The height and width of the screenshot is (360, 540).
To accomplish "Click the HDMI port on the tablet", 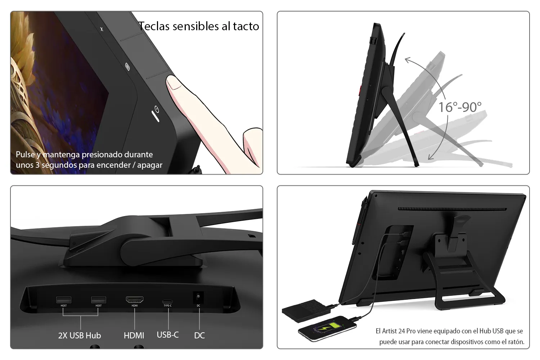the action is click(x=135, y=300).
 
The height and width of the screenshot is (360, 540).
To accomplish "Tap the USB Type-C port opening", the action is click(x=167, y=301).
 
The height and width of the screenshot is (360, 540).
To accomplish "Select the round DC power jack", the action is click(x=198, y=296).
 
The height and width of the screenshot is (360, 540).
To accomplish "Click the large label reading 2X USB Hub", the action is click(x=80, y=336).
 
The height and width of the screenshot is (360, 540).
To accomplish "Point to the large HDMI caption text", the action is click(x=134, y=336).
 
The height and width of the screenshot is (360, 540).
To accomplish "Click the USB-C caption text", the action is click(x=168, y=335).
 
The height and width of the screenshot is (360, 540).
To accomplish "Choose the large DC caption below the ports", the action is click(x=199, y=336).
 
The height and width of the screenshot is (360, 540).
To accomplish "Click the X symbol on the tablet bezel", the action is click(x=102, y=29).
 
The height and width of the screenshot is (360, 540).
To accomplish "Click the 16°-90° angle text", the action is click(x=460, y=107).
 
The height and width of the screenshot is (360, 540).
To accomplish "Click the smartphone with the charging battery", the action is click(x=327, y=329).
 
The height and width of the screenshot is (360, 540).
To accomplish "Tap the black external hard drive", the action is click(x=306, y=311).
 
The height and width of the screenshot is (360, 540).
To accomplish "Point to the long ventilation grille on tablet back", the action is click(x=452, y=209).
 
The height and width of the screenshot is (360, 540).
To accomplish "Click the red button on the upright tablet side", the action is click(x=360, y=91).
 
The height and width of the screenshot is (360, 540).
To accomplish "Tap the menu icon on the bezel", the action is click(x=127, y=67).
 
